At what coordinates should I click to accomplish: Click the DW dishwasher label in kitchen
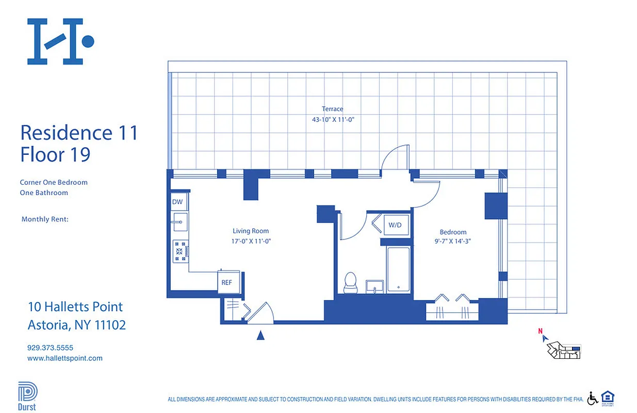pos(177,202)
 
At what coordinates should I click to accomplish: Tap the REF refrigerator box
pos(227,282)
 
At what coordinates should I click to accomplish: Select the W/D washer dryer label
pos(395,225)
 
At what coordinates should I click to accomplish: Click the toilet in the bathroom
pos(351,282)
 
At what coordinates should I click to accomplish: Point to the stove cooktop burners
pos(181,251)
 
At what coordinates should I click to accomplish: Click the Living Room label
pos(251,231)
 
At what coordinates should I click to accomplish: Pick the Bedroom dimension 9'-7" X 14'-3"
pos(453,241)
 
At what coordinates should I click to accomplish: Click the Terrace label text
pos(332,109)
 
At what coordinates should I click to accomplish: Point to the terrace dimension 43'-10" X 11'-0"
pos(332,119)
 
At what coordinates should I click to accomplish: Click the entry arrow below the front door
pos(260,336)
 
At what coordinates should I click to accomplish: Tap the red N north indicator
pos(540,331)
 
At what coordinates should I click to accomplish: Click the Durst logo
pos(27,395)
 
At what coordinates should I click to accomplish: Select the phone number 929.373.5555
pos(51,348)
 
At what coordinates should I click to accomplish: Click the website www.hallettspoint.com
pos(64,358)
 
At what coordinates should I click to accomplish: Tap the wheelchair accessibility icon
pos(593,398)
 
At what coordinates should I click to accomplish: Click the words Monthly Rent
pos(45,219)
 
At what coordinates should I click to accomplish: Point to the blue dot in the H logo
pos(88,41)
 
